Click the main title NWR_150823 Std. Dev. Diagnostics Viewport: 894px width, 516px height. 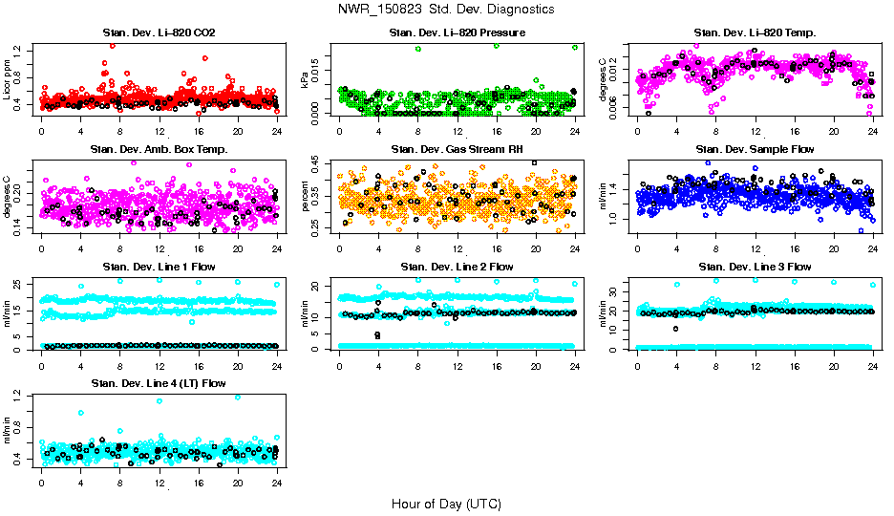[x=446, y=9]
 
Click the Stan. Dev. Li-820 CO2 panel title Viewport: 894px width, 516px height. [x=159, y=32]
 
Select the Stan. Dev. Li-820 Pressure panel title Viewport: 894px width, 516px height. [x=457, y=32]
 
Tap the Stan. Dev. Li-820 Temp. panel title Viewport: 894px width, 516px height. [x=755, y=32]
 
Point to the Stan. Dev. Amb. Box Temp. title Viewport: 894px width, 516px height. [x=159, y=149]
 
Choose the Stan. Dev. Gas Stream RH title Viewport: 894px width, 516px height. [x=457, y=149]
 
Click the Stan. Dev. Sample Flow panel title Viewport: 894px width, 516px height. [x=755, y=149]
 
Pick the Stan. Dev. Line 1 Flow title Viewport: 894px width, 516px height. [x=159, y=266]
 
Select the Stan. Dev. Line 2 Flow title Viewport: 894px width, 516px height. [x=457, y=266]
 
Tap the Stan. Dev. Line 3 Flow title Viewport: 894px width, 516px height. [x=755, y=266]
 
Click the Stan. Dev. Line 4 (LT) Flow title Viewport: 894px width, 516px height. [x=159, y=382]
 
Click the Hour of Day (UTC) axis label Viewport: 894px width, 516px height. [x=446, y=504]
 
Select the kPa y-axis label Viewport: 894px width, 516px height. [x=305, y=80]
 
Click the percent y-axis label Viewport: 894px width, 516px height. [x=305, y=197]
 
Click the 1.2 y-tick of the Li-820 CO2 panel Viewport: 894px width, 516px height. [x=28, y=48]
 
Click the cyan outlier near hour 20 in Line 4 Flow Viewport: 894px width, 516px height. [x=238, y=397]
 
